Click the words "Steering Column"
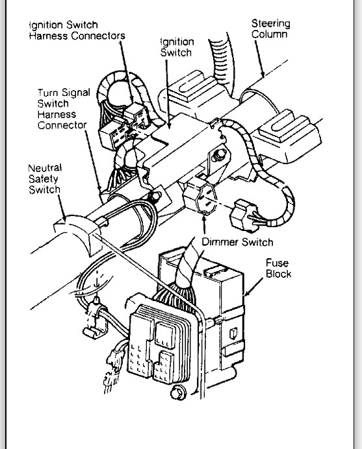click(x=271, y=29)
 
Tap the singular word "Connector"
click(x=62, y=125)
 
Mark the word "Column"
click(x=271, y=34)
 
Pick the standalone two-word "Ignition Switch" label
click(x=177, y=47)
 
